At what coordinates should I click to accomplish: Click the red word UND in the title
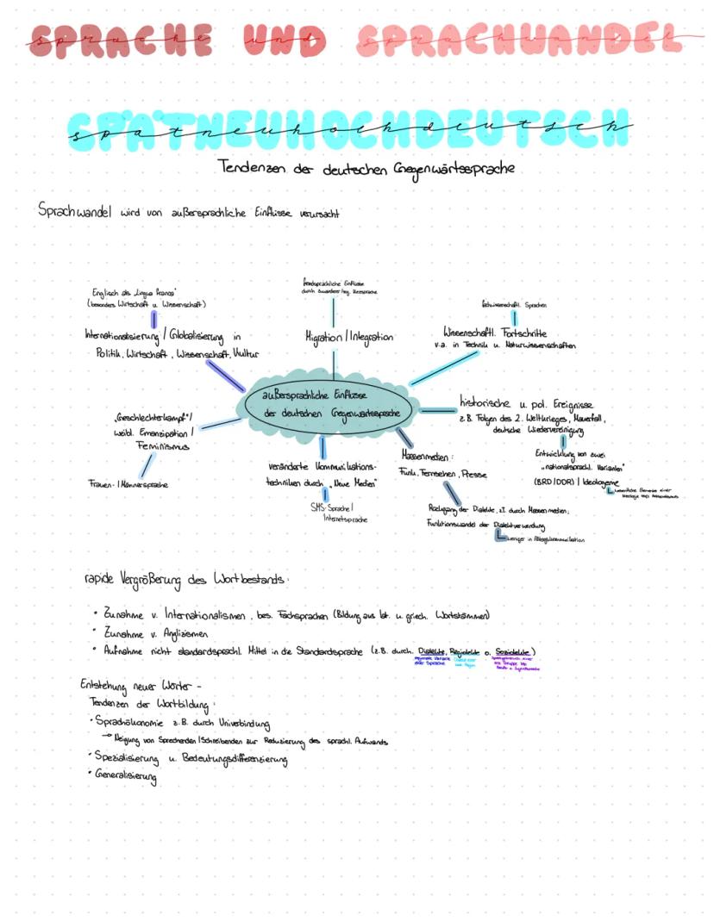pyautogui.click(x=284, y=40)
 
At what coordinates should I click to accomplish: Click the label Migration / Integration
pyautogui.click(x=348, y=337)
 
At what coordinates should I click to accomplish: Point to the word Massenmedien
pyautogui.click(x=426, y=454)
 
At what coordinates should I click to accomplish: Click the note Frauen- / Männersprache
pyautogui.click(x=128, y=484)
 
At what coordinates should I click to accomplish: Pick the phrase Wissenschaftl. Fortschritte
pyautogui.click(x=495, y=332)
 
